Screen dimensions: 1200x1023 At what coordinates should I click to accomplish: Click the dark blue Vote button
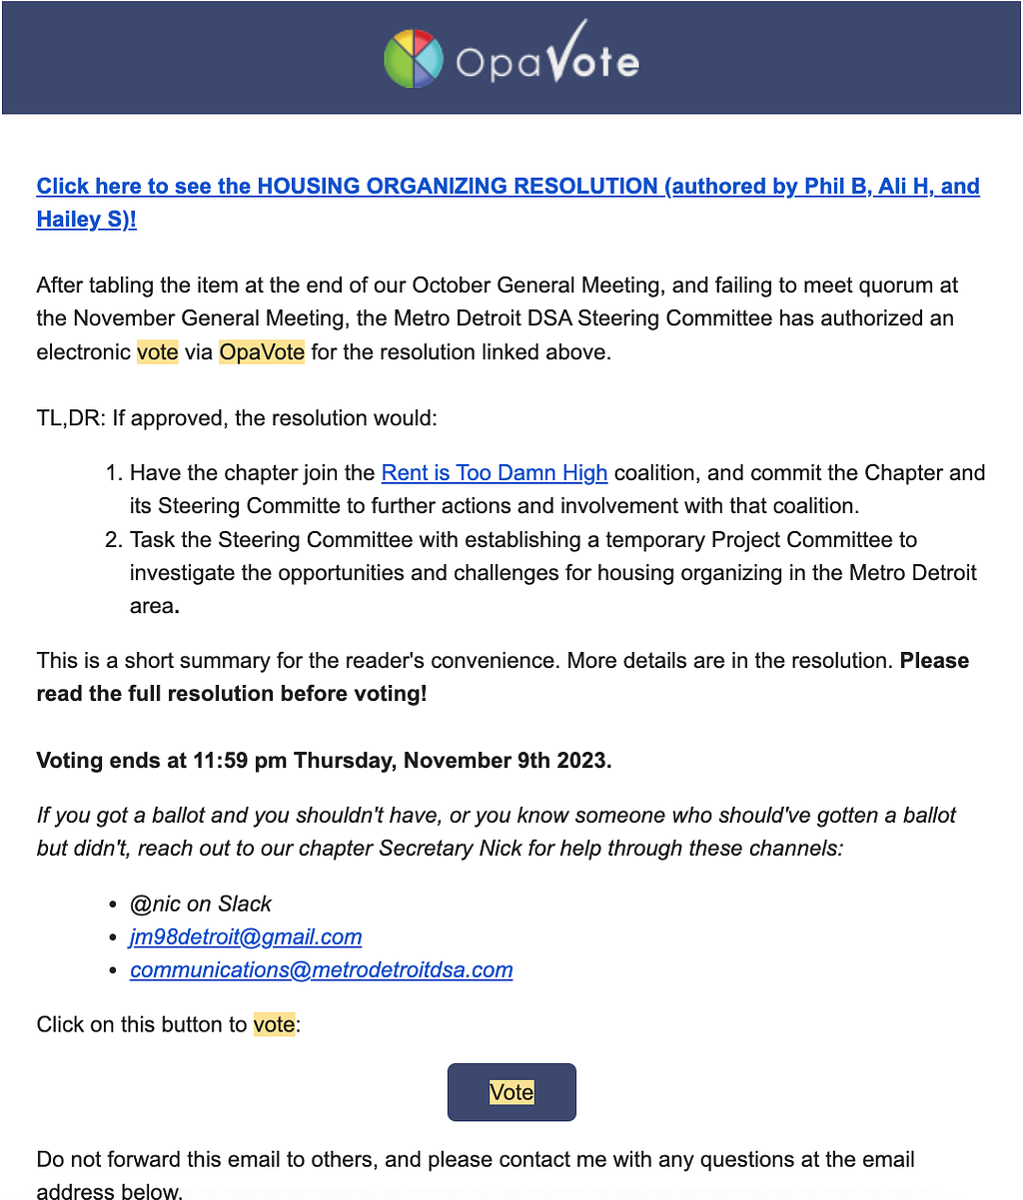click(x=511, y=1092)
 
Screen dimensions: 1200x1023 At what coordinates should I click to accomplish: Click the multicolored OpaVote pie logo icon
click(x=414, y=59)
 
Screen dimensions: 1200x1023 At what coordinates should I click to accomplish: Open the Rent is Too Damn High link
click(x=495, y=472)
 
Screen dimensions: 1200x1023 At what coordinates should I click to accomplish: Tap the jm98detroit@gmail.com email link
click(x=246, y=936)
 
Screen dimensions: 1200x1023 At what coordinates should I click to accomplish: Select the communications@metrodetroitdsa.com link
click(x=321, y=969)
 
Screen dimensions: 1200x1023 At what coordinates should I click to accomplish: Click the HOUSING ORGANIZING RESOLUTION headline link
click(x=457, y=186)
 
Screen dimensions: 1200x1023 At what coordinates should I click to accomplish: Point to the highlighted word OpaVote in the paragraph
click(x=262, y=352)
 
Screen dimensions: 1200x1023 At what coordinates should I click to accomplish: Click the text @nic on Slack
click(x=201, y=903)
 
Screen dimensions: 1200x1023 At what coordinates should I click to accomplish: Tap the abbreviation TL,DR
click(x=69, y=417)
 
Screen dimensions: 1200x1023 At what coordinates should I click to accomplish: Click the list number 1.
click(x=113, y=472)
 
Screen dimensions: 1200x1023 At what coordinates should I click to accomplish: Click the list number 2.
click(x=113, y=540)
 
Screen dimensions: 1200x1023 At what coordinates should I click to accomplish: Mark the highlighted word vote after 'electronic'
click(x=158, y=352)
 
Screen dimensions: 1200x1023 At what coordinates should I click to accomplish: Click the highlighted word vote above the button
click(x=275, y=1024)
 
